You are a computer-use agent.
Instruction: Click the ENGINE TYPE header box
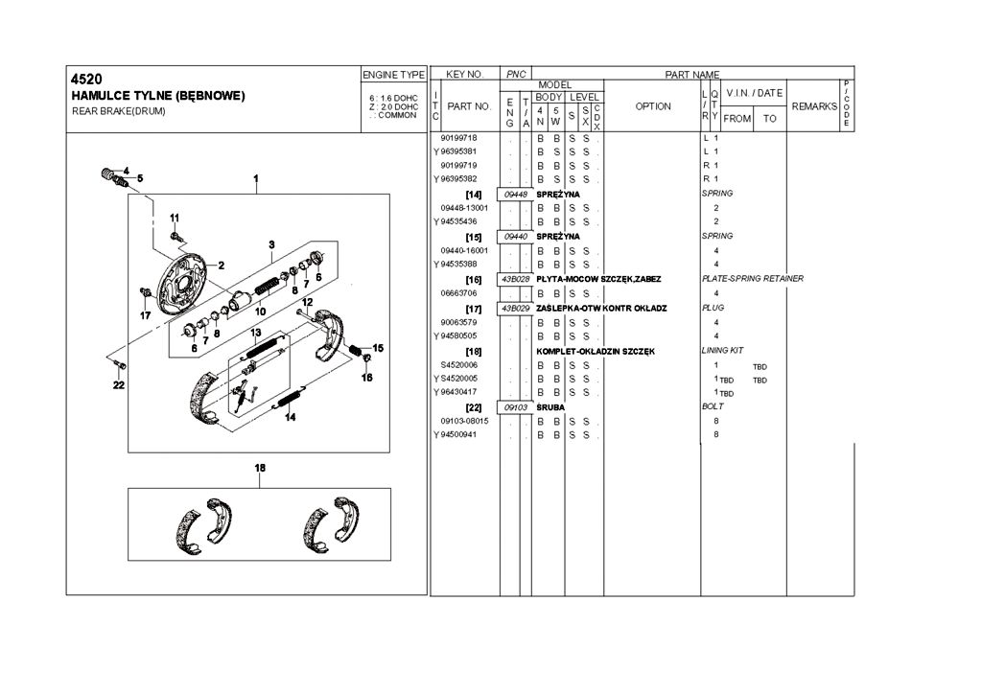[393, 74]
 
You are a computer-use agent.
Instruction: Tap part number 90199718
[457, 138]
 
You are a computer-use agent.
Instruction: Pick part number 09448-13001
[465, 208]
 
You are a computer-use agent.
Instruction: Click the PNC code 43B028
[515, 279]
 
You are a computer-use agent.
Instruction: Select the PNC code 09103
[515, 407]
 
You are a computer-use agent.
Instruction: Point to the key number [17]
[473, 309]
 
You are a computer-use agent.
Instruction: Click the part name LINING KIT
[722, 351]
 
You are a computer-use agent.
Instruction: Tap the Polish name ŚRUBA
[551, 407]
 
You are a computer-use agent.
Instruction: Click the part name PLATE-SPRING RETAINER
[753, 279]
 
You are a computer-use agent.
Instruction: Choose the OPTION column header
[653, 106]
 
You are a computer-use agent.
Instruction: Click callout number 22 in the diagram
[119, 386]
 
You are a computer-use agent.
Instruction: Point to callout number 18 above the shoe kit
[260, 467]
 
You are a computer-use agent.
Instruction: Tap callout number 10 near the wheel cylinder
[260, 311]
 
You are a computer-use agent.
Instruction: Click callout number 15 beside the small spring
[378, 348]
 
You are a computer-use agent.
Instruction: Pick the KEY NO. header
[465, 74]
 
